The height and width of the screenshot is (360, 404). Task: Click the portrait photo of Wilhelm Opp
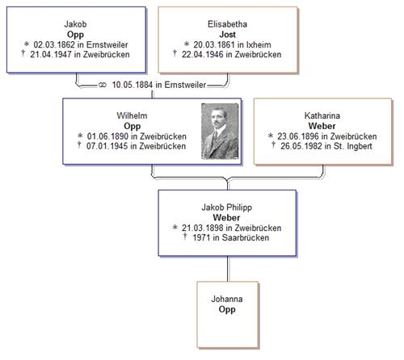220,132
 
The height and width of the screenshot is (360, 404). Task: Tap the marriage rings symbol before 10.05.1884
103,85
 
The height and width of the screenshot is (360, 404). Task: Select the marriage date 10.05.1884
133,85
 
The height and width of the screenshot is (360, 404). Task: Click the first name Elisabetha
227,24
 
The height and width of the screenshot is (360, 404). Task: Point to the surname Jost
227,35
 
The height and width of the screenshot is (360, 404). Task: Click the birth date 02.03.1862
54,44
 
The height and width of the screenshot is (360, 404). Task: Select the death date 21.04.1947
51,54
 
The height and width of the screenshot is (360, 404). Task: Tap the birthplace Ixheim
259,44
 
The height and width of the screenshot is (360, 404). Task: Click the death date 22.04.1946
203,54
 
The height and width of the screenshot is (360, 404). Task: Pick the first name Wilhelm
132,115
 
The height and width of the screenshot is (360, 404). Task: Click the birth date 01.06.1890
107,136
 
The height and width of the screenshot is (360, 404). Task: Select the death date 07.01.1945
107,146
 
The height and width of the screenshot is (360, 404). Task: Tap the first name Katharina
322,115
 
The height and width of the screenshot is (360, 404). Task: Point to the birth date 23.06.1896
298,136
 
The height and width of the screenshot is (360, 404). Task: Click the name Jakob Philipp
227,207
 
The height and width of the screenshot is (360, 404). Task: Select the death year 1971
201,237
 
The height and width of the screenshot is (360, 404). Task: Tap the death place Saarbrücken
246,237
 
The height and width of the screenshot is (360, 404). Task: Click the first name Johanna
227,299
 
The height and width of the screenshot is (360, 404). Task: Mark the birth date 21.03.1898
203,228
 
